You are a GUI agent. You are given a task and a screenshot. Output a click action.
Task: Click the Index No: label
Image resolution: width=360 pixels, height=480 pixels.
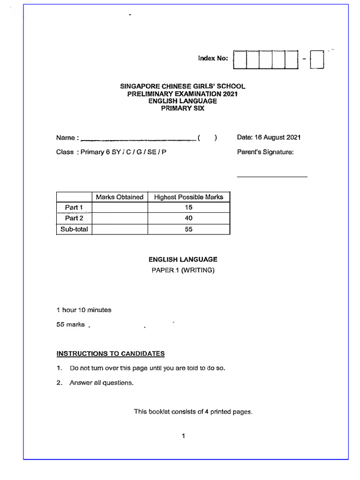coord(213,58)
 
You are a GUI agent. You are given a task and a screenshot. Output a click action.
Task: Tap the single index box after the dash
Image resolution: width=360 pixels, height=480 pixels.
coord(317,59)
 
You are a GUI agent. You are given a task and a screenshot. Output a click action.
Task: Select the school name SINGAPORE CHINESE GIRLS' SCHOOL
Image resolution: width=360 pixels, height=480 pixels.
coord(183,86)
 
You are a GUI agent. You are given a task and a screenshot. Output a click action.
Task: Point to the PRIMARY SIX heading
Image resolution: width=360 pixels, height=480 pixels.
coord(183,108)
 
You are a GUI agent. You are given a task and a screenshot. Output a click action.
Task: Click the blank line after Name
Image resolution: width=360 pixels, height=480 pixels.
coord(138,139)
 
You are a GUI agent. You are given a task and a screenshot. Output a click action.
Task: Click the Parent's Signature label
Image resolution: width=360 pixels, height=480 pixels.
coord(265,152)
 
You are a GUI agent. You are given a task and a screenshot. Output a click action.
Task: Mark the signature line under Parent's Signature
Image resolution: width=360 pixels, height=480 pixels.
coord(272,176)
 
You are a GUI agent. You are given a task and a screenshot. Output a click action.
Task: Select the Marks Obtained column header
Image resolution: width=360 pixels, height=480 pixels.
coord(120,197)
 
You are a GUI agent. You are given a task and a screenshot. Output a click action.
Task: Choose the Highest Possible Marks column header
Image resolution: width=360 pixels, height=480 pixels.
coord(188,197)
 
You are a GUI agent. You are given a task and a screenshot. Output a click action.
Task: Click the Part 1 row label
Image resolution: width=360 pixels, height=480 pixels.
coord(74,207)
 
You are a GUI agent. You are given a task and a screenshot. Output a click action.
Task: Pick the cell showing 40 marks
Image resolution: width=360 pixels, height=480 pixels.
coord(188,218)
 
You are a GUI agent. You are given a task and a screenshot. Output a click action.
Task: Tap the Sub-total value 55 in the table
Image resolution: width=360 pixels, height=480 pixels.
coord(188,229)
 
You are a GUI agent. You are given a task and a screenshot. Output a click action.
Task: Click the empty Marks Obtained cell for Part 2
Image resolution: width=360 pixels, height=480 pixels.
coord(120,218)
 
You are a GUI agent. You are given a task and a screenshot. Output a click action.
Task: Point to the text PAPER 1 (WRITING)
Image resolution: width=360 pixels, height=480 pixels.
coord(183,270)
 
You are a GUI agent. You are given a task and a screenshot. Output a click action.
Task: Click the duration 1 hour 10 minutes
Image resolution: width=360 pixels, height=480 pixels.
coord(84,310)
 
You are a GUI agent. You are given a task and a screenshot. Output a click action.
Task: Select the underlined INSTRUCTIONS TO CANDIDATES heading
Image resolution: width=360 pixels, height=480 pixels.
coord(111,353)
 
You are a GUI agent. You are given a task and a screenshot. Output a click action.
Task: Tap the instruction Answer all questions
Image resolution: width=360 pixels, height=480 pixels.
coord(101,382)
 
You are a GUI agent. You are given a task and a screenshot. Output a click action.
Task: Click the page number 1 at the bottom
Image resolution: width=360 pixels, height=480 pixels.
coord(183,436)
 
